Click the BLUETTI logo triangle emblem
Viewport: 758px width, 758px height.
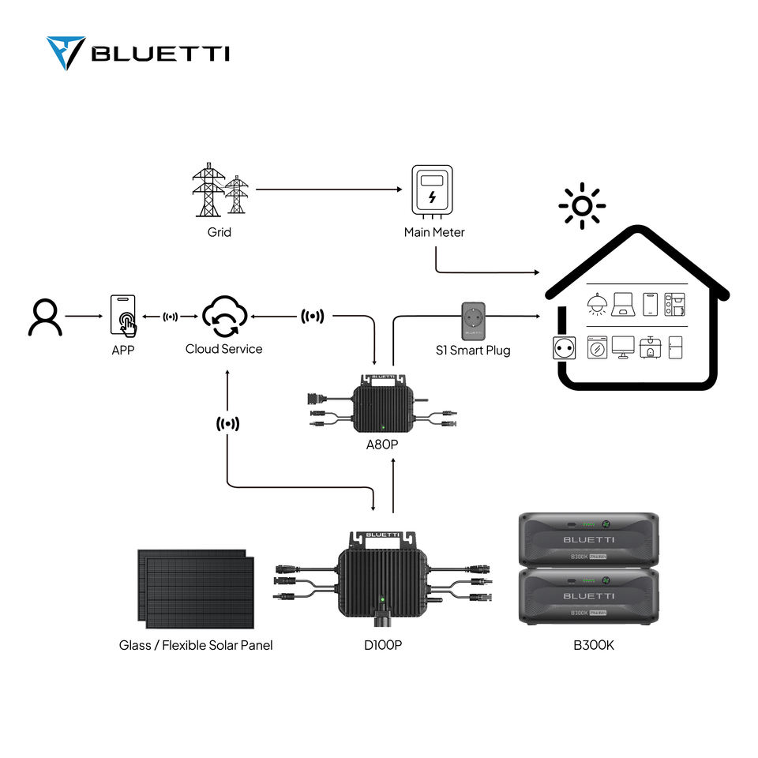pyautogui.click(x=66, y=53)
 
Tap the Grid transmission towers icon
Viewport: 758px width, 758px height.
pyautogui.click(x=220, y=189)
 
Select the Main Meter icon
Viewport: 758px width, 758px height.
pyautogui.click(x=432, y=191)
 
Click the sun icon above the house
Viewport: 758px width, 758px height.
pyautogui.click(x=582, y=206)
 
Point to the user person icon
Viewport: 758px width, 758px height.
pyautogui.click(x=45, y=317)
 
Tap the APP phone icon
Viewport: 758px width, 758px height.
pyautogui.click(x=123, y=316)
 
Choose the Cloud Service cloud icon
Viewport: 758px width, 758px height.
pyautogui.click(x=225, y=316)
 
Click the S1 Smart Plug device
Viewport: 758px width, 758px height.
pyautogui.click(x=473, y=321)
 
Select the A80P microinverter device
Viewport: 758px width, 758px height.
pyautogui.click(x=382, y=403)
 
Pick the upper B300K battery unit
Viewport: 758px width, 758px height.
pyautogui.click(x=588, y=538)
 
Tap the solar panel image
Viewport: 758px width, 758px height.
pyautogui.click(x=196, y=589)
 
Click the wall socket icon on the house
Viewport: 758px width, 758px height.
pyautogui.click(x=564, y=348)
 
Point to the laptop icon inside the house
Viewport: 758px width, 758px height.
pyautogui.click(x=623, y=304)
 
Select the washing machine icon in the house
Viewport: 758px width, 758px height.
pyautogui.click(x=597, y=347)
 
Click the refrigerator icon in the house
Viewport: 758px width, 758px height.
pyautogui.click(x=675, y=347)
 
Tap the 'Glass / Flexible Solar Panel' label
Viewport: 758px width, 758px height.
pyautogui.click(x=196, y=645)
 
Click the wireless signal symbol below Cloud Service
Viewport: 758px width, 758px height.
pyautogui.click(x=227, y=424)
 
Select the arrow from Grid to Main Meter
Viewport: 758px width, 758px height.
pyautogui.click(x=328, y=189)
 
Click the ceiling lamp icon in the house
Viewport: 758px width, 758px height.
pyautogui.click(x=597, y=304)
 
